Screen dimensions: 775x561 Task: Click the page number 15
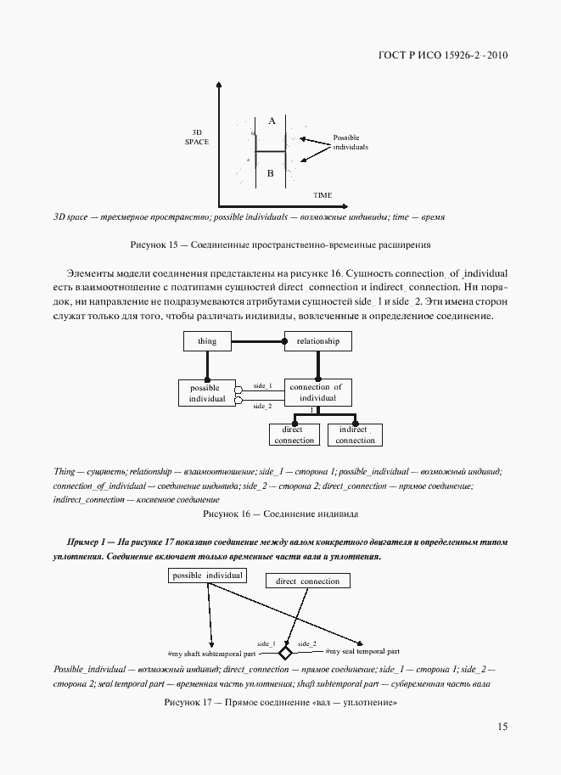pos(502,727)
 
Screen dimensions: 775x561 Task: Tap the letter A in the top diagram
pos(272,121)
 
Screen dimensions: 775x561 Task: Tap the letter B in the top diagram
pos(270,174)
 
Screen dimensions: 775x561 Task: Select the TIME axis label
pos(323,195)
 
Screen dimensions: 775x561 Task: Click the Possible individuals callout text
pos(351,142)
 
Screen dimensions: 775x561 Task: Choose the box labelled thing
pos(207,341)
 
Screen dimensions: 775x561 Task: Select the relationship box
pos(317,341)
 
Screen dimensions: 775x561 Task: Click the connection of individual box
pos(317,392)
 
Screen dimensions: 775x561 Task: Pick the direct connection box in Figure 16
pos(295,435)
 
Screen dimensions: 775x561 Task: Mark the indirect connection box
pos(355,435)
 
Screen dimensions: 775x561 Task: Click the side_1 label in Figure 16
pos(263,385)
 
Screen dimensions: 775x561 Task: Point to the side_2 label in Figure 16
pos(263,406)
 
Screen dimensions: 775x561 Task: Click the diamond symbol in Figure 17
pos(285,653)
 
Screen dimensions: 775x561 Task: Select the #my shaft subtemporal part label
pos(213,654)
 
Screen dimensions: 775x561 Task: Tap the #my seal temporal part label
pos(362,652)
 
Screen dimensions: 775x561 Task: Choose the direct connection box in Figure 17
pos(307,581)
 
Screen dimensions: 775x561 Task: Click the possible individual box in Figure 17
pos(208,576)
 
